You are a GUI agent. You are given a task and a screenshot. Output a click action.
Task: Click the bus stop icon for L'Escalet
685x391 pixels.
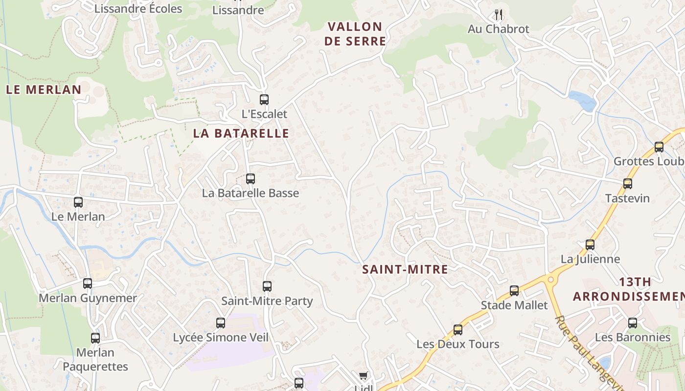click(x=264, y=100)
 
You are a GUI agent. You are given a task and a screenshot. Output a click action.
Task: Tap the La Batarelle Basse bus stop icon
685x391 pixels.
click(x=251, y=179)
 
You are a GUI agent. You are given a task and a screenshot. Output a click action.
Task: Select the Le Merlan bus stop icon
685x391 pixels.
click(x=78, y=202)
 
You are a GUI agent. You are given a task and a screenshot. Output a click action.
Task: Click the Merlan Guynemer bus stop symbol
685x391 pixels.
click(x=88, y=283)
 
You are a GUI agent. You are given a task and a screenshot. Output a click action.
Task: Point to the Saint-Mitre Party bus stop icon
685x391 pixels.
click(x=267, y=286)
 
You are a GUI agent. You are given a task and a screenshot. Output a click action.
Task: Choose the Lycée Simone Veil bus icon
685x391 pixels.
click(x=221, y=323)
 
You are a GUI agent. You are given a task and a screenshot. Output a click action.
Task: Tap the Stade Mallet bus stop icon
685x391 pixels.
click(x=514, y=291)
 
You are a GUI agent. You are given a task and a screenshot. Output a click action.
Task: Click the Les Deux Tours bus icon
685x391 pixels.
click(x=458, y=330)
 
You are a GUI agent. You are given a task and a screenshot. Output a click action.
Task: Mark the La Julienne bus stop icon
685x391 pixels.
click(x=590, y=245)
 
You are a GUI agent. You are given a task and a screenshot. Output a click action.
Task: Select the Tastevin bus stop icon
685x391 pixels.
click(x=628, y=184)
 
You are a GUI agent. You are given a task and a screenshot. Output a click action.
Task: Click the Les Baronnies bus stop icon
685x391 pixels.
click(x=633, y=323)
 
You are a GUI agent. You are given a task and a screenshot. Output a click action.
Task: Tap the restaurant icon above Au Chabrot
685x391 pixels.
click(x=499, y=14)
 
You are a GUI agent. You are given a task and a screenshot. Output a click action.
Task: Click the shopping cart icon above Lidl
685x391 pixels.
click(x=363, y=375)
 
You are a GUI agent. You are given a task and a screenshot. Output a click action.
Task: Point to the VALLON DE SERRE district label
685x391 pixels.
click(x=355, y=34)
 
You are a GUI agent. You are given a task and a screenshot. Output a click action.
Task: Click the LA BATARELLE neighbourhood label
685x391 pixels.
click(x=241, y=133)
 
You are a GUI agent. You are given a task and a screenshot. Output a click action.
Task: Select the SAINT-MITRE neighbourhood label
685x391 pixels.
click(x=405, y=269)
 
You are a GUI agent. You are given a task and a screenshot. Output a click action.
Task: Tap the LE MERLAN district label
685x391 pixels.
click(x=44, y=89)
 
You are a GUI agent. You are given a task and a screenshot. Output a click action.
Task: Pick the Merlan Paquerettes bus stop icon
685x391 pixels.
click(x=95, y=338)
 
